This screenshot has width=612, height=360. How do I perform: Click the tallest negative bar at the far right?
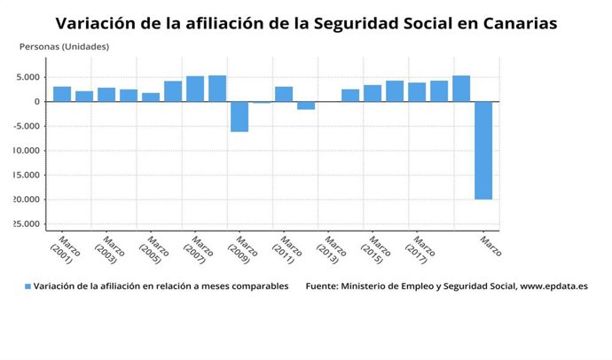pos(483,150)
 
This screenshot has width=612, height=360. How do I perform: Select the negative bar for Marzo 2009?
pos(239,116)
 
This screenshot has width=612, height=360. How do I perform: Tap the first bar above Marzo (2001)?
pos(62,93)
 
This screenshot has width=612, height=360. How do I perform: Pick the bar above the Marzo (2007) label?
pos(195,89)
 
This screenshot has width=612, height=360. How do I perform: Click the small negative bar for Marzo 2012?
pos(306,106)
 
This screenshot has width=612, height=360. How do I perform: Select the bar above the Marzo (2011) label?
pos(284,93)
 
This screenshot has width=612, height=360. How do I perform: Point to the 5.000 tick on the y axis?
pos(28,77)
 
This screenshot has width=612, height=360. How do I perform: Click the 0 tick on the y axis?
pos(36,101)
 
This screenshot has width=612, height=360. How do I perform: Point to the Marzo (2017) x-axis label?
pos(421,248)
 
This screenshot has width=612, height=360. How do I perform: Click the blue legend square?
pos(27,287)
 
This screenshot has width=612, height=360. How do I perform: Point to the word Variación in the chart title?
pos(95,23)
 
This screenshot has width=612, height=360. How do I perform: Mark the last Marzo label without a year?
pos(490,245)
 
